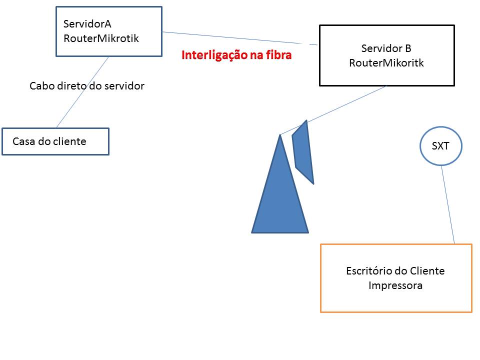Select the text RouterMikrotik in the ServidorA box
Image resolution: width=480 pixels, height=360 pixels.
(101, 37)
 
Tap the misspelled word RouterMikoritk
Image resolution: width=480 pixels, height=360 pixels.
(386, 63)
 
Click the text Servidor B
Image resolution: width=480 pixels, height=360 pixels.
(386, 48)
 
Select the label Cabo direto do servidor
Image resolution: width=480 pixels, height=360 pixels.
(87, 86)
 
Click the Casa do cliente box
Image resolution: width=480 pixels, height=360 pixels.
(55, 141)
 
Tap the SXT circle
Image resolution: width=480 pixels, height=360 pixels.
(440, 146)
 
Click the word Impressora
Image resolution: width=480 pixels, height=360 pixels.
(395, 285)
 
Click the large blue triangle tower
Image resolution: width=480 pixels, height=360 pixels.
(280, 200)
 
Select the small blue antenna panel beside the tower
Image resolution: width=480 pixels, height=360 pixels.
(302, 152)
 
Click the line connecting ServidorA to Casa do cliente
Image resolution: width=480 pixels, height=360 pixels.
(82, 92)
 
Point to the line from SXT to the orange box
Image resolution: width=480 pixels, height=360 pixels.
(448, 205)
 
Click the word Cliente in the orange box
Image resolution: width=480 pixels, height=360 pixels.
(427, 271)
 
